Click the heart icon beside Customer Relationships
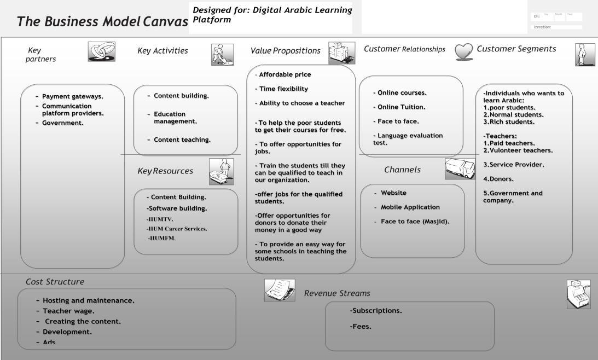(x=464, y=51)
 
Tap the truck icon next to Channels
(x=460, y=169)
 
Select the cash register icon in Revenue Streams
(x=578, y=294)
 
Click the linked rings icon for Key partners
(x=101, y=52)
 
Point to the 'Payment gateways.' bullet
(x=73, y=96)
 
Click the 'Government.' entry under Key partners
(x=63, y=123)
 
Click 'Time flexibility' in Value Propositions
(x=283, y=89)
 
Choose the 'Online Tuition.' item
(x=401, y=107)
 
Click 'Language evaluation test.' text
(x=408, y=139)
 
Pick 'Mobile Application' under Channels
(x=410, y=207)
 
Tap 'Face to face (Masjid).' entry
(x=415, y=222)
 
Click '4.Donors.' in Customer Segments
(x=498, y=179)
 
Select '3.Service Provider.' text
(x=513, y=165)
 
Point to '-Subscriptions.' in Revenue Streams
(x=376, y=311)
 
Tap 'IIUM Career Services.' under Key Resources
(x=177, y=229)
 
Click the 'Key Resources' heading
(x=165, y=171)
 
